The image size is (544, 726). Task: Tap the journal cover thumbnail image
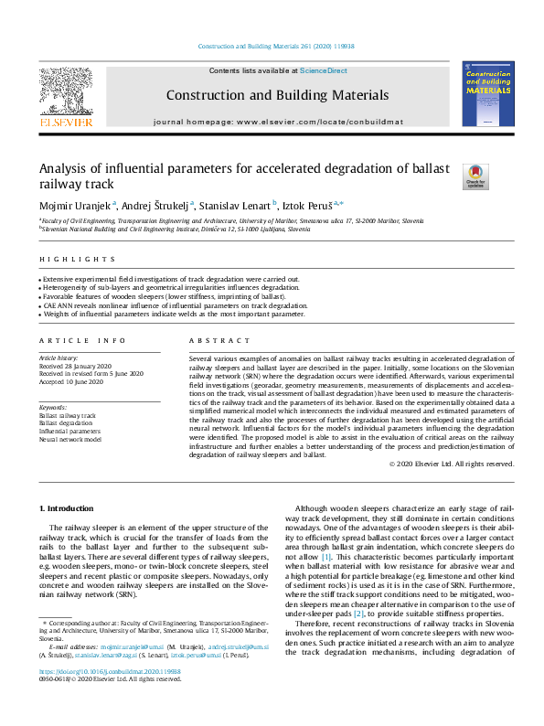point(487,94)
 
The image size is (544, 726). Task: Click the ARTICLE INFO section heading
point(72,340)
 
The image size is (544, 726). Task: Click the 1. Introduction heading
point(69,507)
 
